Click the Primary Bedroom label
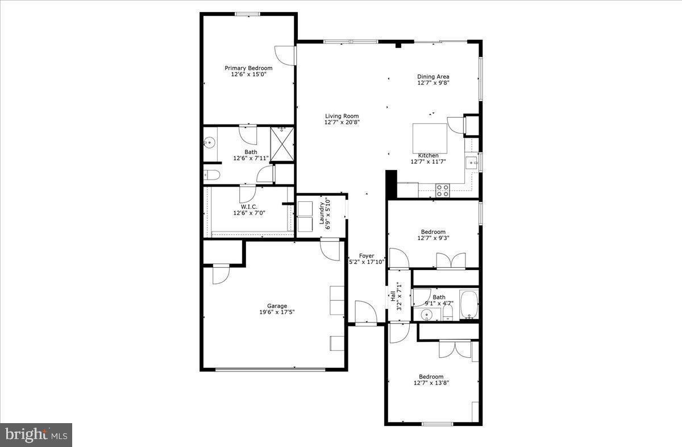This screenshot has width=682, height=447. (248, 68)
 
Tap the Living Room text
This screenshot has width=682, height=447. (342, 116)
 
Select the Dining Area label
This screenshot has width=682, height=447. (433, 77)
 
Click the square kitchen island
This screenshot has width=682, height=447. (430, 138)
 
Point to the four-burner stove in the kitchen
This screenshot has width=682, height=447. (442, 190)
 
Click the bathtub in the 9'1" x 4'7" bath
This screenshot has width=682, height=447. (469, 305)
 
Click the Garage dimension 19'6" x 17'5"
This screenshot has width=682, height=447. (277, 312)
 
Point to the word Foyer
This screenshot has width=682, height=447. (367, 256)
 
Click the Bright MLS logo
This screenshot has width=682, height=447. (36, 435)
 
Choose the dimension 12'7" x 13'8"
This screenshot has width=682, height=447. (431, 383)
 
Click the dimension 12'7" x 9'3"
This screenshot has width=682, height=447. (433, 238)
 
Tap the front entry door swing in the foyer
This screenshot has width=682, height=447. (365, 312)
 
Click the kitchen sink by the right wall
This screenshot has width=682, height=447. (471, 163)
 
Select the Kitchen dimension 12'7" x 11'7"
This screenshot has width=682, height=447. (428, 162)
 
